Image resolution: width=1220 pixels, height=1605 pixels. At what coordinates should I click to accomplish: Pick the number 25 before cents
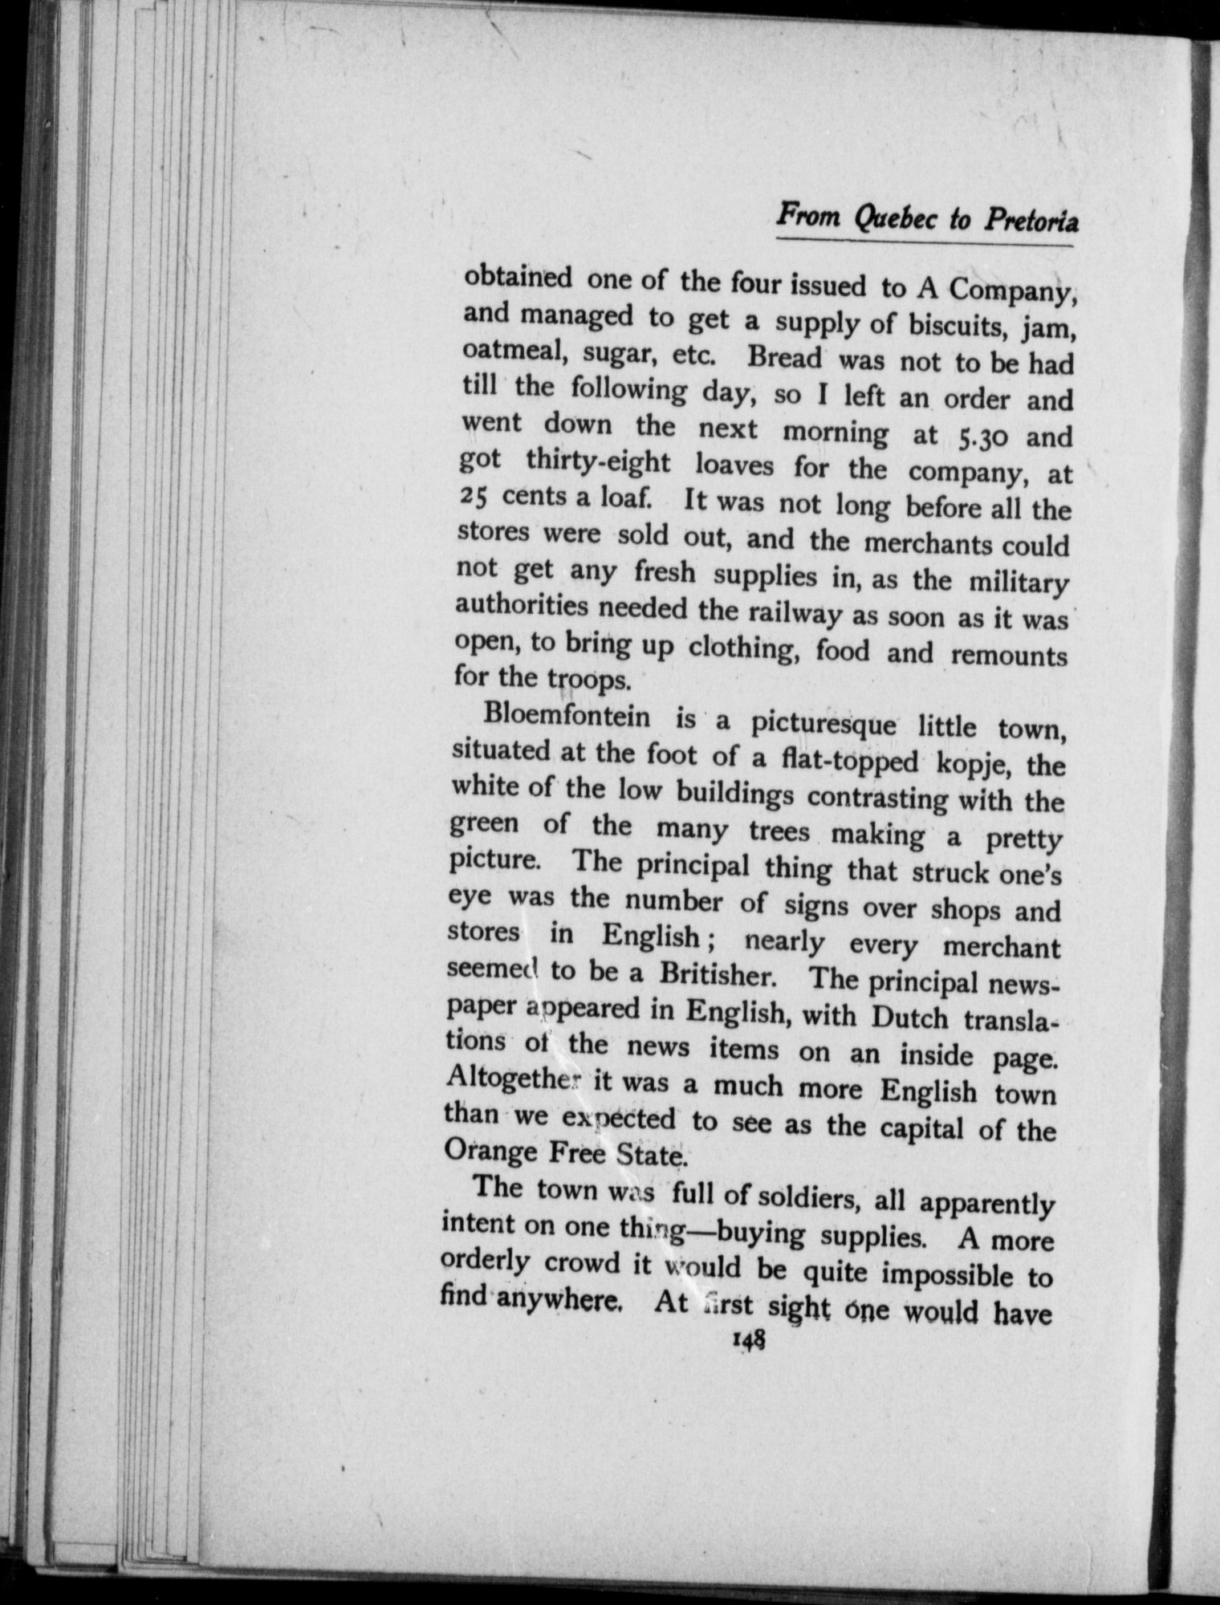point(473,496)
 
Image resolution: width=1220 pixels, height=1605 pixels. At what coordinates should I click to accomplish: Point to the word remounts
point(1009,656)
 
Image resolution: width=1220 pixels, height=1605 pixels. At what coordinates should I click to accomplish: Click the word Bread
point(784,358)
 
